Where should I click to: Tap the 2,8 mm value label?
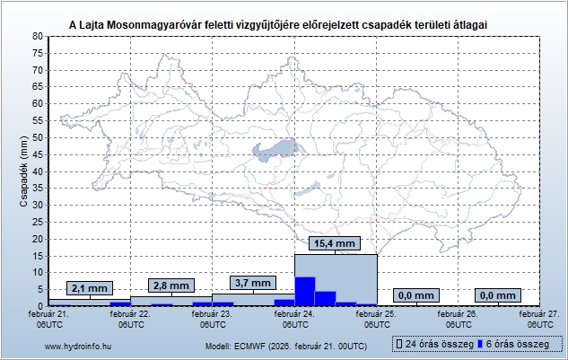[x=170, y=285]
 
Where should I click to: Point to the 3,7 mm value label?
[x=253, y=283]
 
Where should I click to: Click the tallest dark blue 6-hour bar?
[x=305, y=291]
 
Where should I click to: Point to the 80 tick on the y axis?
[x=38, y=36]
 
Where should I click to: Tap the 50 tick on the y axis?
[x=38, y=137]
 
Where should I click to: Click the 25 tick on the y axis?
[x=38, y=222]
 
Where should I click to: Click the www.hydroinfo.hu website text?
[x=77, y=346]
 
